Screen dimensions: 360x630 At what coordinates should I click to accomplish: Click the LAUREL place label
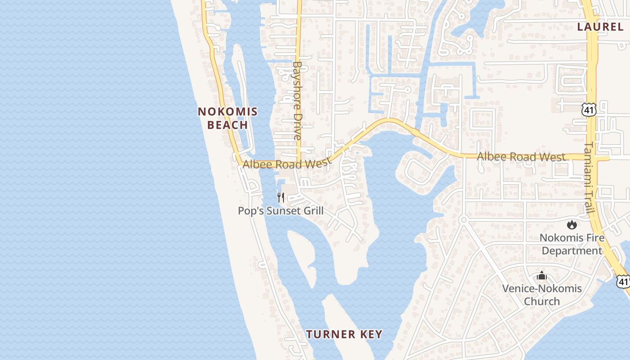click(x=600, y=27)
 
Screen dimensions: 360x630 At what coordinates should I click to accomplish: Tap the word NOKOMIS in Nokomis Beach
click(x=228, y=112)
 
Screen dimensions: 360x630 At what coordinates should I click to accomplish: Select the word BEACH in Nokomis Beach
click(x=228, y=125)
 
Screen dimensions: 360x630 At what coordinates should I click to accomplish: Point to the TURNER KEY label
click(x=344, y=334)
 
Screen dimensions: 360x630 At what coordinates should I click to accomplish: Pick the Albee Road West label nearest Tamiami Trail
click(x=521, y=157)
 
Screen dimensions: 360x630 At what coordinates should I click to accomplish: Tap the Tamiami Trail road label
click(x=590, y=178)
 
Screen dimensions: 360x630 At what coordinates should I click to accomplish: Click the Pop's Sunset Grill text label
click(x=281, y=211)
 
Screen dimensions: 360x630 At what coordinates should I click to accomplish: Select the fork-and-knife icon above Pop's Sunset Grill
click(x=281, y=197)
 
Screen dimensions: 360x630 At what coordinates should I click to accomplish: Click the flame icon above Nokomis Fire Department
click(x=571, y=225)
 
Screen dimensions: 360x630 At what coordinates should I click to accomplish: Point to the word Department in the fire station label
click(x=571, y=251)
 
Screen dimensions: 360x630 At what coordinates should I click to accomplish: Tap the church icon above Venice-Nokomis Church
click(x=542, y=275)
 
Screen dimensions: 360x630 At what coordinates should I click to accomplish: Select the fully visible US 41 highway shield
click(x=588, y=109)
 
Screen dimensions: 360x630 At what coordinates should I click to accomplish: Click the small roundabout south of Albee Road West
click(x=463, y=220)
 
